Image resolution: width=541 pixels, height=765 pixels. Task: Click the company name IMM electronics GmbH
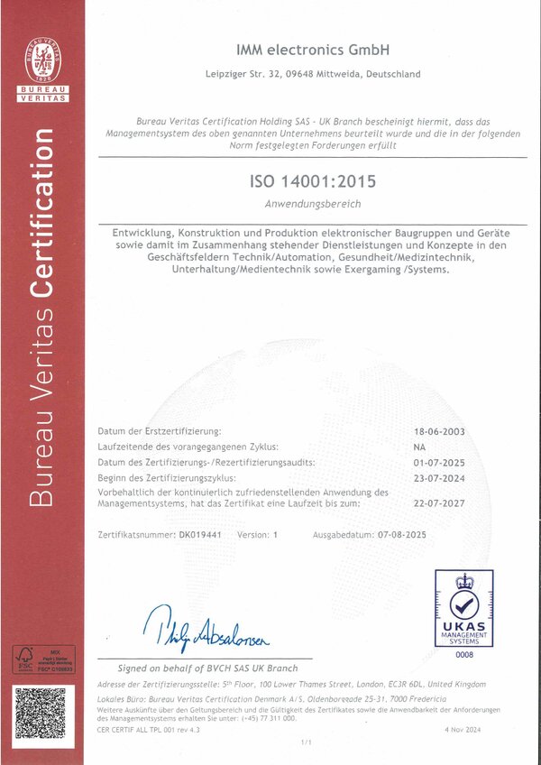pyautogui.click(x=312, y=49)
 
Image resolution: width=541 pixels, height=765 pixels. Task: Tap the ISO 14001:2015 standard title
pyautogui.click(x=312, y=181)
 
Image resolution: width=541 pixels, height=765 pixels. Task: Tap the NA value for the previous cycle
pyautogui.click(x=419, y=447)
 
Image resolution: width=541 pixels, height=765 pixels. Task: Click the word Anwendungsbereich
pyautogui.click(x=312, y=204)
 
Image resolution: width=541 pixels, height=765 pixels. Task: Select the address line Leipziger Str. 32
pyautogui.click(x=312, y=74)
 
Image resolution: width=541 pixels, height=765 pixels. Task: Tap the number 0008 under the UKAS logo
pyautogui.click(x=463, y=652)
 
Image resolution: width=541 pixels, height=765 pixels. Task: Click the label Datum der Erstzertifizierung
pyautogui.click(x=159, y=432)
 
